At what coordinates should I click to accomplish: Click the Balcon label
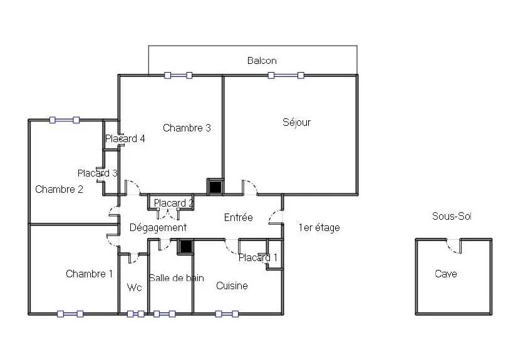point(262,61)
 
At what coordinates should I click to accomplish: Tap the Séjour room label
point(296,122)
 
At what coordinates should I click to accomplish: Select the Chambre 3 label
point(187,128)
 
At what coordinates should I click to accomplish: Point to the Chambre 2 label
point(59,189)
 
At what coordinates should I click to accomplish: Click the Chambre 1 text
point(90,274)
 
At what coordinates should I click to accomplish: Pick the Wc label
point(135,287)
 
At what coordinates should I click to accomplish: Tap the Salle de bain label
point(177,278)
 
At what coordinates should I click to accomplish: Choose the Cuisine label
point(232,285)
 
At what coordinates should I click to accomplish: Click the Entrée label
point(238,218)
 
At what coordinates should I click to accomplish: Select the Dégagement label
point(158,228)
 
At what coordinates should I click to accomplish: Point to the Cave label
point(446,274)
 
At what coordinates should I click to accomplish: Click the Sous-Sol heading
point(452,217)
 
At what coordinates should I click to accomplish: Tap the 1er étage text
point(319,228)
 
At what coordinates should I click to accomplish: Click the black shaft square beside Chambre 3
point(215,187)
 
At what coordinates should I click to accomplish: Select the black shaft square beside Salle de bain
point(185,247)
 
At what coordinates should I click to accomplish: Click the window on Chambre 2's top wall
point(65,120)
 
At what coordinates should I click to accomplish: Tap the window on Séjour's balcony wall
point(286,75)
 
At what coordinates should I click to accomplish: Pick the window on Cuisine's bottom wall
point(227,314)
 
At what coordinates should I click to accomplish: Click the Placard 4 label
point(125,138)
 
